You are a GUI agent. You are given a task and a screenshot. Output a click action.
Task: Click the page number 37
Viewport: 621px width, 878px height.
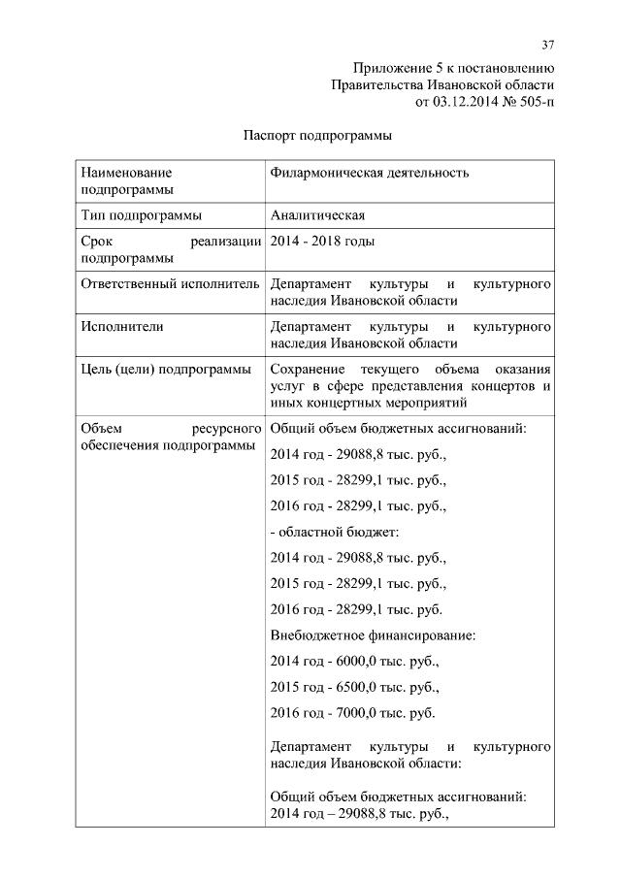click(547, 45)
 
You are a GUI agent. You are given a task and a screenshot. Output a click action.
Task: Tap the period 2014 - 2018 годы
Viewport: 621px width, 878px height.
click(322, 241)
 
